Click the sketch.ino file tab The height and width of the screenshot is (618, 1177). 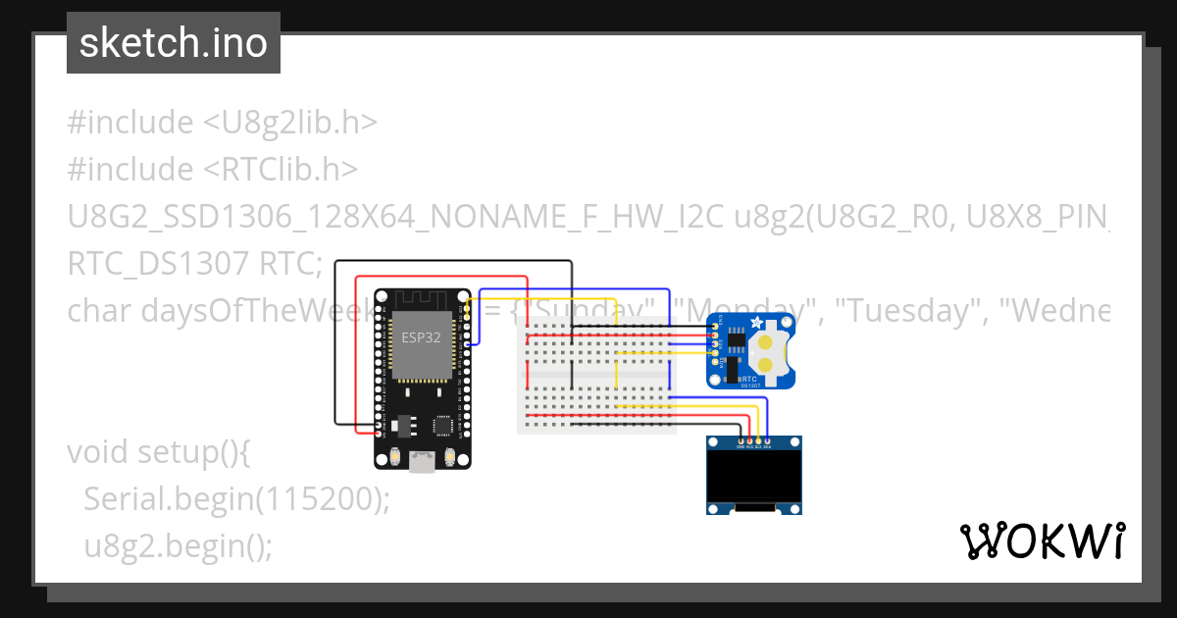[x=174, y=43]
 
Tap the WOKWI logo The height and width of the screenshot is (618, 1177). [x=1042, y=541]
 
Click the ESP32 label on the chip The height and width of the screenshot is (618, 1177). [x=422, y=337]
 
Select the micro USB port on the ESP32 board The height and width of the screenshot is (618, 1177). [x=422, y=460]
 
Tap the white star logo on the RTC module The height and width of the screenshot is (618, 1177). [x=755, y=325]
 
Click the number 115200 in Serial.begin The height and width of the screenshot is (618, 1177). [x=319, y=499]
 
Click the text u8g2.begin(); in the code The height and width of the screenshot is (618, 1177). [x=178, y=545]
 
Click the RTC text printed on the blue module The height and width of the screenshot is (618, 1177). [x=748, y=378]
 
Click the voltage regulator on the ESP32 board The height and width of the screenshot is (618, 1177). [x=402, y=425]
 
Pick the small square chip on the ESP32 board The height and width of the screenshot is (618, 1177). [x=443, y=426]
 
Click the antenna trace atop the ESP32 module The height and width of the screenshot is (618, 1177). [x=422, y=298]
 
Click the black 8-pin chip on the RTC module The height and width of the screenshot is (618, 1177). [x=731, y=343]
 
